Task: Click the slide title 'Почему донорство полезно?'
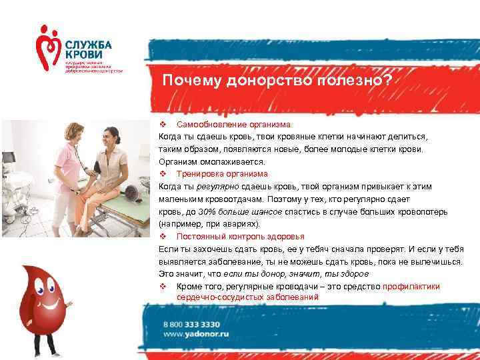278,81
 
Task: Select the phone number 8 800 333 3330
192,323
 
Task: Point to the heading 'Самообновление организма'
233,125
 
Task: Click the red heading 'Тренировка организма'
222,174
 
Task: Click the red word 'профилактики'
411,286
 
